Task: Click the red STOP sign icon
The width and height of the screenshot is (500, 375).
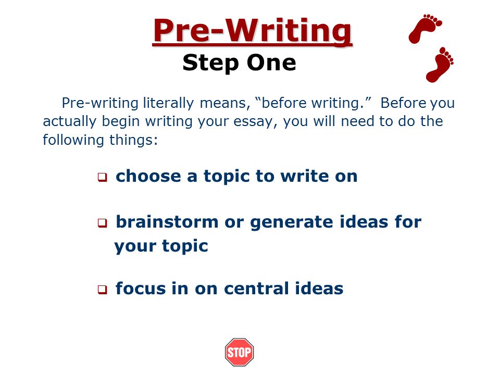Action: [x=239, y=352]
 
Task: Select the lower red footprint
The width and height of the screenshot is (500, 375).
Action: [x=440, y=65]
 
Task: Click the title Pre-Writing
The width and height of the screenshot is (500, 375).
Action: [x=252, y=31]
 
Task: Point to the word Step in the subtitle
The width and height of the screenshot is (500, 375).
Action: [x=210, y=63]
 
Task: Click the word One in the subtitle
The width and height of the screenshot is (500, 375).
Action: [x=271, y=63]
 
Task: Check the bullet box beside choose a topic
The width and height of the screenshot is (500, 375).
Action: [x=103, y=177]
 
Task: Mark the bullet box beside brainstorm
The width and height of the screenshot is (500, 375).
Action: [x=103, y=223]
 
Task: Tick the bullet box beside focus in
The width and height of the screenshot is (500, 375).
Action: [x=103, y=290]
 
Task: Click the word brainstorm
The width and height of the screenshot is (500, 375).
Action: [x=167, y=222]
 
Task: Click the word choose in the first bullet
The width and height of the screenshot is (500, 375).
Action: [x=148, y=176]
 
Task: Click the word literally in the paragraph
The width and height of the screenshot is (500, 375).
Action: [x=168, y=103]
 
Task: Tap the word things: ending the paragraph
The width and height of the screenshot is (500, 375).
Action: [x=134, y=140]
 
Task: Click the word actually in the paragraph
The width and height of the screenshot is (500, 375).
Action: [x=69, y=122]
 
